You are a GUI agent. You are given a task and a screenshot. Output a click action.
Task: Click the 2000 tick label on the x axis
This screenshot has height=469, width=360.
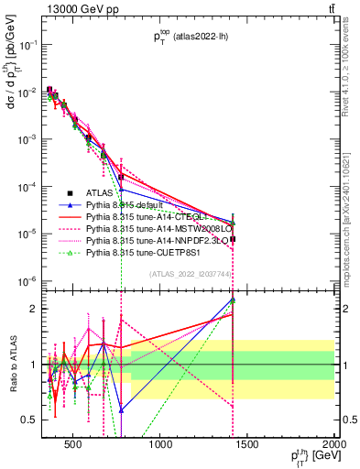[x=334, y=446]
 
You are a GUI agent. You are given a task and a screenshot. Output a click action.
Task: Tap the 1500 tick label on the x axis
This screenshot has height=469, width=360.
[x=248, y=446]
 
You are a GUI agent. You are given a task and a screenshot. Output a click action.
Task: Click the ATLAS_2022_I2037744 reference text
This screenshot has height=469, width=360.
[x=191, y=274]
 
